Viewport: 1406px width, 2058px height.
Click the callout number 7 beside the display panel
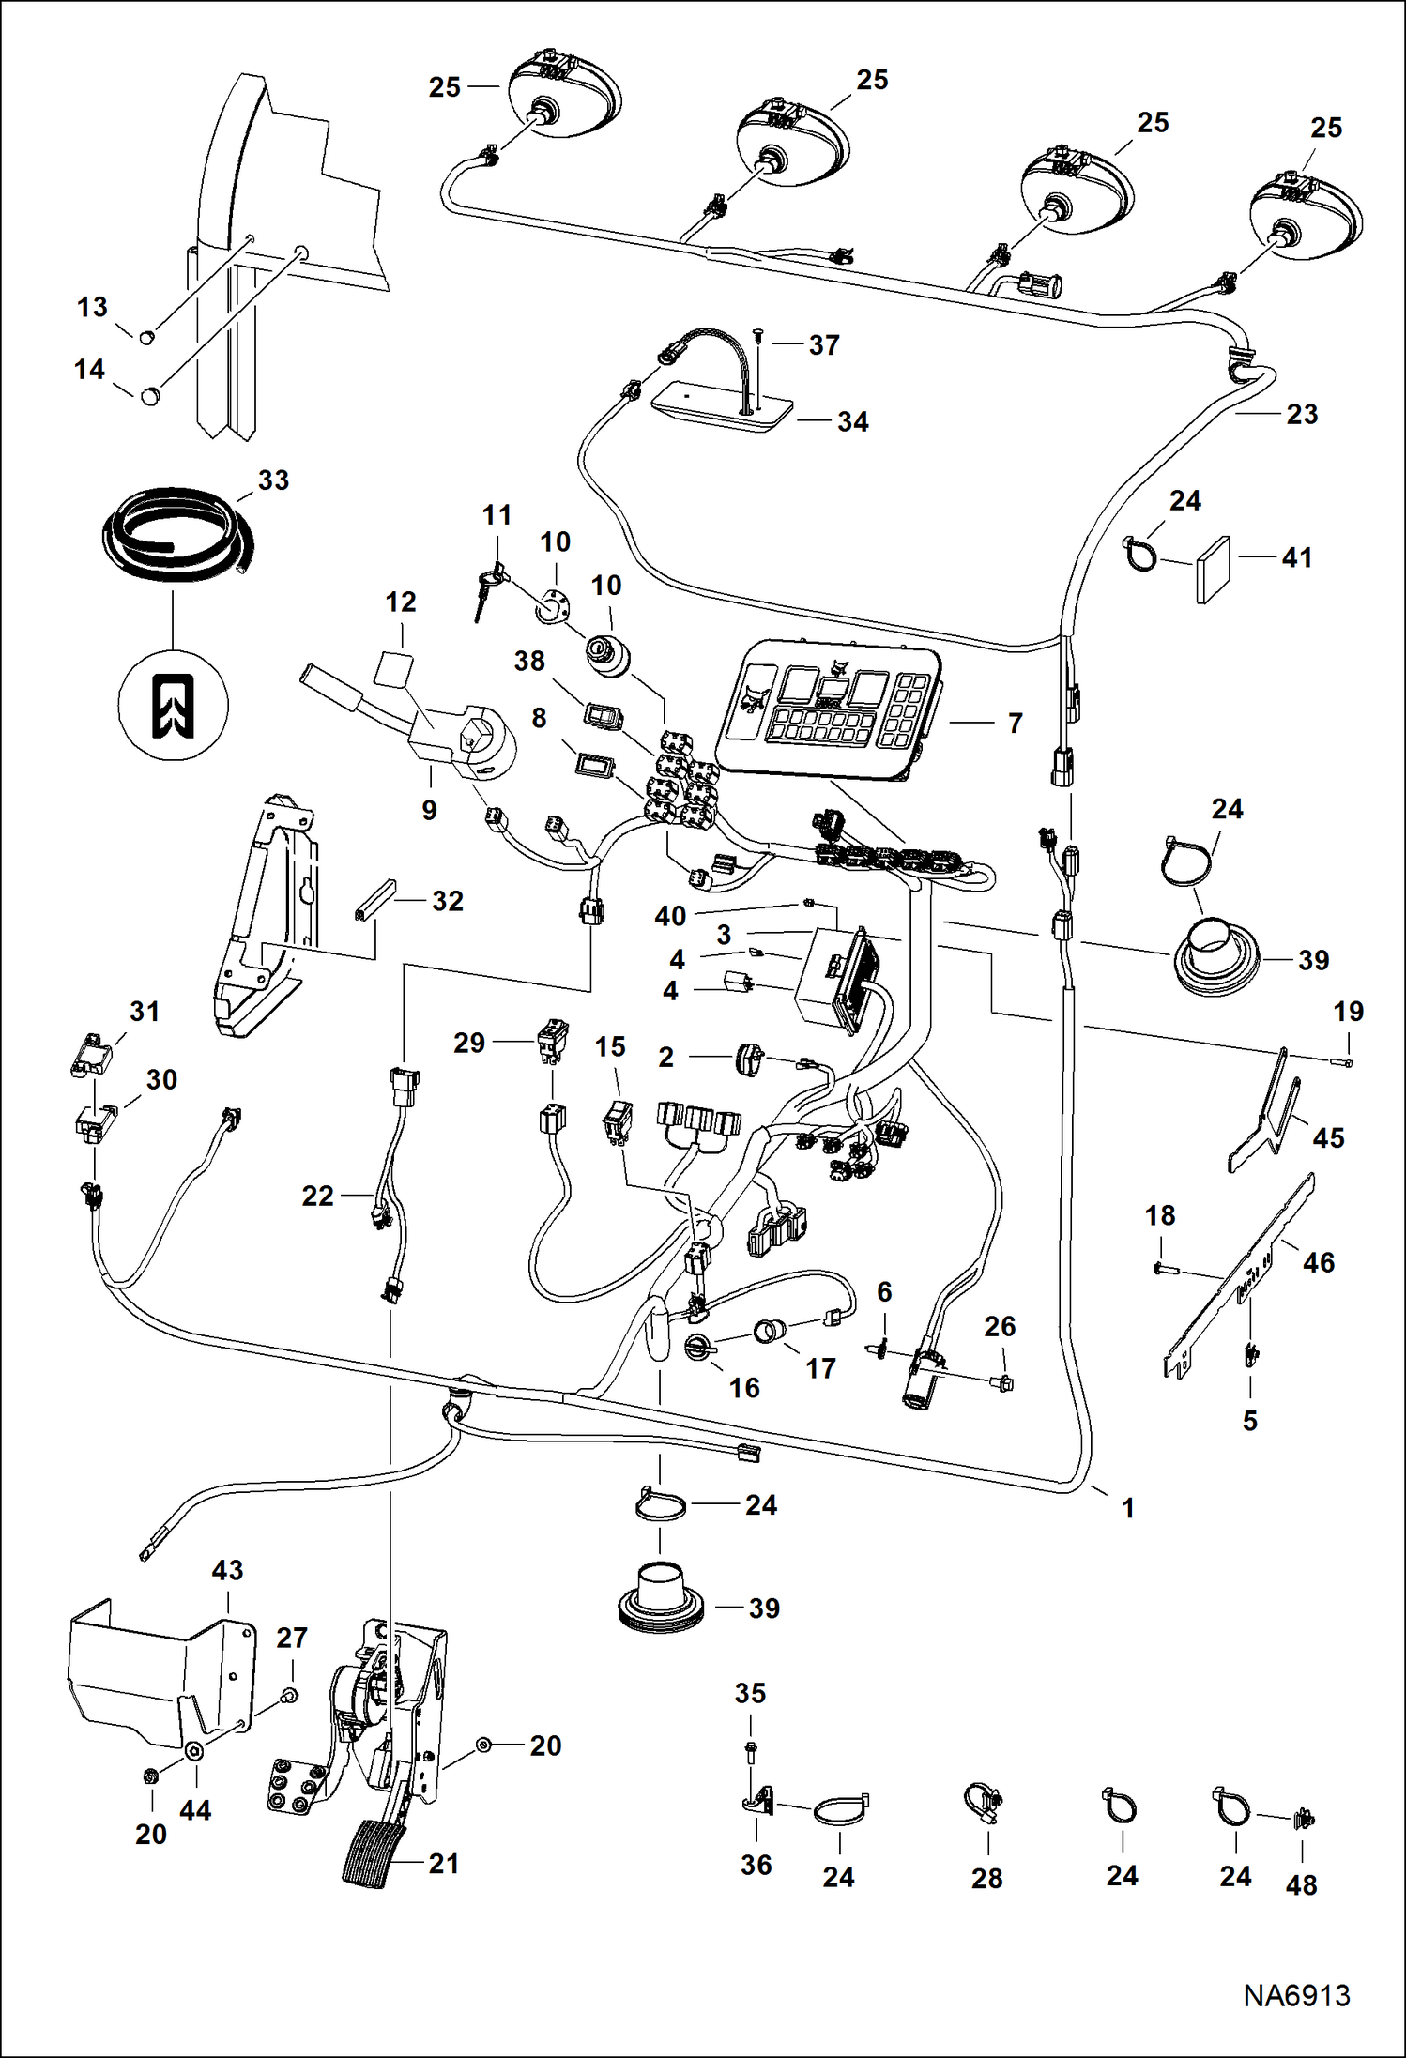pos(1015,724)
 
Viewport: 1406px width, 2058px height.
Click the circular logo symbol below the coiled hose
pos(174,705)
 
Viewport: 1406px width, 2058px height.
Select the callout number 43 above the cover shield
pos(228,1570)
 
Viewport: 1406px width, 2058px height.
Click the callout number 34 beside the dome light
pos(852,422)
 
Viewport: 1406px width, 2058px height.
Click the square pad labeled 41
pos(1214,570)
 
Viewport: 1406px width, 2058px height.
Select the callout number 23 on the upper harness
pos(1302,414)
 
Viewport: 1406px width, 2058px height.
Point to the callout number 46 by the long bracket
pos(1318,1262)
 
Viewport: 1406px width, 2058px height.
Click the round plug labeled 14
pos(150,396)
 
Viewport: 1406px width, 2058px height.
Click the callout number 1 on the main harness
pos(1128,1508)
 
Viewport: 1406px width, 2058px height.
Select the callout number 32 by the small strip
pos(447,901)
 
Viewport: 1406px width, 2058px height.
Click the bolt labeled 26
pos(1003,1382)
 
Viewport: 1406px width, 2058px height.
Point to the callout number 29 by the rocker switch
pos(469,1043)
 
